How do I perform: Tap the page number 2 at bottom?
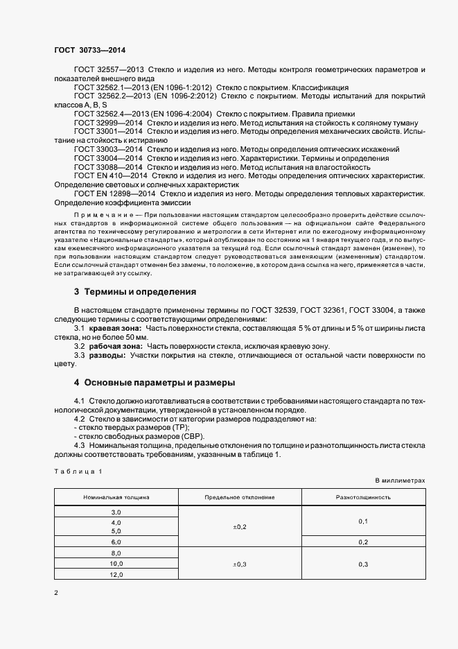coord(56,594)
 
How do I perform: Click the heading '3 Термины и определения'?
coord(135,291)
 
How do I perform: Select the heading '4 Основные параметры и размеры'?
coord(155,382)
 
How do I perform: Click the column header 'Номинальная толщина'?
coord(116,497)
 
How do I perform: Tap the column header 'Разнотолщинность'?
coord(363,497)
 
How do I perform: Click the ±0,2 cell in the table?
coord(240,527)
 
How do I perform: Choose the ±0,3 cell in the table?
coord(240,564)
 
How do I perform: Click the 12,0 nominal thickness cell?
coord(116,575)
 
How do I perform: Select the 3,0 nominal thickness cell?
coord(116,511)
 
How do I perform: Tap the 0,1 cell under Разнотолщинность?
coord(363,521)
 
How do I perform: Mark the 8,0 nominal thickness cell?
coord(116,553)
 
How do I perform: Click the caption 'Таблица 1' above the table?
coord(78,471)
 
